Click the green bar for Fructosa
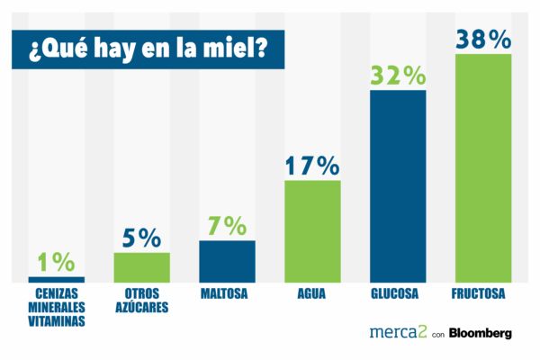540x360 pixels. tap(483, 166)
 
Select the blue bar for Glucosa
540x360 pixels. tap(398, 184)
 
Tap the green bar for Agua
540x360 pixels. tap(312, 230)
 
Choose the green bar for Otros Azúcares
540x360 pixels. tap(141, 266)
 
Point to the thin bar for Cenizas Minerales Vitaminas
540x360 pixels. tap(57, 279)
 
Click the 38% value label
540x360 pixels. tap(483, 40)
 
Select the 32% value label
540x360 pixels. tap(398, 76)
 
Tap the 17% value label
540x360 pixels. tap(312, 166)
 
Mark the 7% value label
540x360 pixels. tap(227, 227)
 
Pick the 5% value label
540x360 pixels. tap(141, 238)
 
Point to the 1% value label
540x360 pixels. tap(57, 262)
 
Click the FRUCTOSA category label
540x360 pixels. tap(483, 293)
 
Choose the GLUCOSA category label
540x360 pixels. tap(398, 293)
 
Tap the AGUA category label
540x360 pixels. tap(312, 293)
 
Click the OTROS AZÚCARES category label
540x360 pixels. tap(141, 300)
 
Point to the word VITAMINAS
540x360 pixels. tap(57, 319)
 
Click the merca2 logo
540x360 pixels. tap(397, 332)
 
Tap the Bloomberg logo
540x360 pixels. tap(481, 333)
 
